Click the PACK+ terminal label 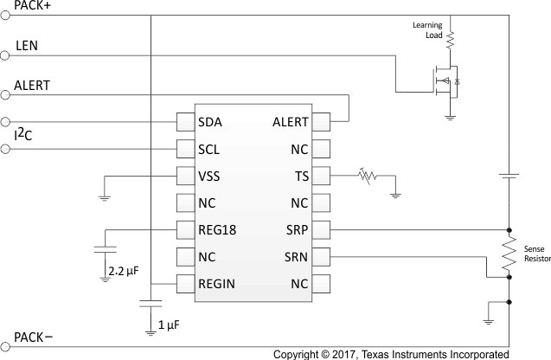pos(34,7)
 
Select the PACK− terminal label pos(34,338)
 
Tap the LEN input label pos(27,45)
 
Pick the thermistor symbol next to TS pos(368,177)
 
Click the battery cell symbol pos(509,176)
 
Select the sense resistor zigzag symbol pos(509,254)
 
